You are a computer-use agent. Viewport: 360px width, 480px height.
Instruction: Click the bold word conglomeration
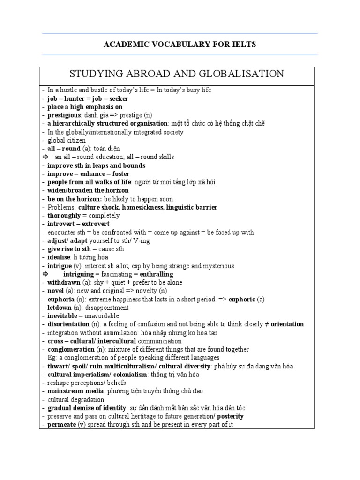pos(71,349)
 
